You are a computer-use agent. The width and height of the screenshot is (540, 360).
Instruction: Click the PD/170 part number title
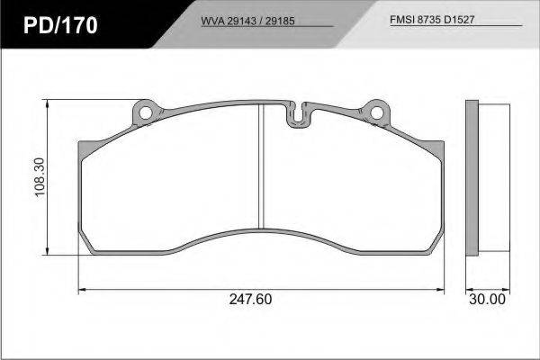click(60, 25)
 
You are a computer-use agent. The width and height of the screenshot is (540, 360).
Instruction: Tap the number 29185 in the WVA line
click(280, 21)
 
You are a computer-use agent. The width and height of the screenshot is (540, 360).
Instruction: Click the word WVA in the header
click(212, 21)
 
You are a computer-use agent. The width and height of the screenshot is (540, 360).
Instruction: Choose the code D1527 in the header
click(459, 20)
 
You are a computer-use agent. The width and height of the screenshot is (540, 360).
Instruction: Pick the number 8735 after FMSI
click(428, 20)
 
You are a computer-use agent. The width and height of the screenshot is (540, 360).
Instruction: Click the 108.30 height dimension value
click(40, 177)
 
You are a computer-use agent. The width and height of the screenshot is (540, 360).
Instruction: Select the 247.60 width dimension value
click(250, 299)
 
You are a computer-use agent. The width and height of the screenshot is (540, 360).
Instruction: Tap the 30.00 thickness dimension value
click(487, 299)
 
